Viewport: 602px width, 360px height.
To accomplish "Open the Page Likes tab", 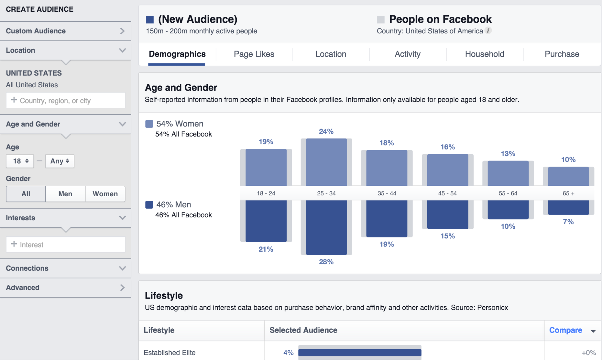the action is [x=254, y=54].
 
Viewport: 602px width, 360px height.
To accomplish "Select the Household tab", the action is [x=485, y=54].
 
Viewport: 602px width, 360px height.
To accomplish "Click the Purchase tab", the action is [x=562, y=54].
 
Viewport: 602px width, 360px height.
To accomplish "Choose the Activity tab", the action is [x=407, y=54].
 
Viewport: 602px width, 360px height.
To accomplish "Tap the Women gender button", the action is [x=105, y=194].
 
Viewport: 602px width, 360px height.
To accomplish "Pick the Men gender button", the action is [x=65, y=194].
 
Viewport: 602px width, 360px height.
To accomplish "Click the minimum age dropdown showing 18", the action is [x=20, y=161].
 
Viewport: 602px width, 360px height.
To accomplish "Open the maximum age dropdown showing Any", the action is [x=60, y=161].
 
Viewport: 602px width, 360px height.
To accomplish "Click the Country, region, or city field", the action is [x=66, y=100].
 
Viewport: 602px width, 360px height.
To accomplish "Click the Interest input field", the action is [x=66, y=244].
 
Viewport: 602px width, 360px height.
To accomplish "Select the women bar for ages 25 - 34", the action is [x=326, y=162].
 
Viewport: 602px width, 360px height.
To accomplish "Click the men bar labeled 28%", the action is [x=326, y=228].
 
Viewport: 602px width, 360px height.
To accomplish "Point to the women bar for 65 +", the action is [x=569, y=176].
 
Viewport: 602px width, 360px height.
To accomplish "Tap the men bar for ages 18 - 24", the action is [x=266, y=221].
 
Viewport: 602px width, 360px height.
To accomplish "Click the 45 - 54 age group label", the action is [x=448, y=194].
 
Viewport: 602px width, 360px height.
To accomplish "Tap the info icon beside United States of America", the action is [x=488, y=30].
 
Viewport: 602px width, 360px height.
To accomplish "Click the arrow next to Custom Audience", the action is [x=122, y=31].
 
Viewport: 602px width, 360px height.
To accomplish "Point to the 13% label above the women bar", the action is [x=508, y=154].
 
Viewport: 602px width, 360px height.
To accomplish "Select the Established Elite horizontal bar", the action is [x=360, y=352].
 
